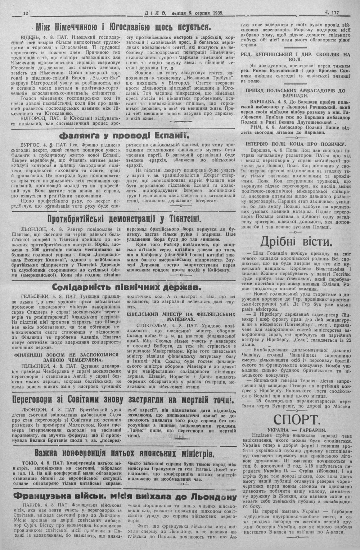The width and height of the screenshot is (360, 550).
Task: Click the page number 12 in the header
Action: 25,13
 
